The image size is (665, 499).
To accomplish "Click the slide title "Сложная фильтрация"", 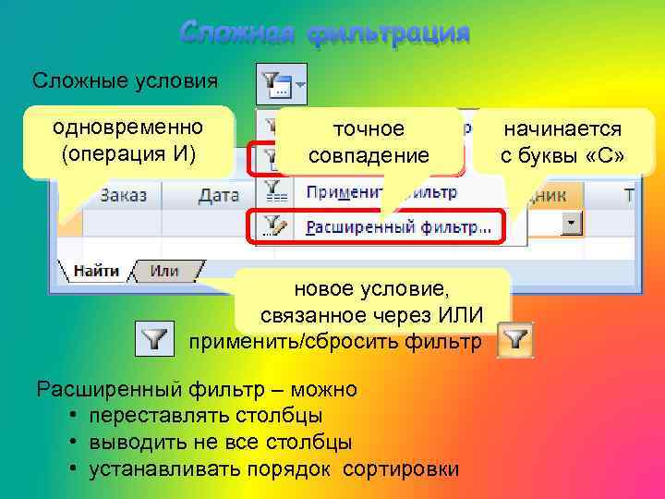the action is click(325, 33).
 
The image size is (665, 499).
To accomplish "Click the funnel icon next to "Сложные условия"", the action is click(280, 84).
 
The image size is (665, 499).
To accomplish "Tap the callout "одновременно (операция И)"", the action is click(128, 141).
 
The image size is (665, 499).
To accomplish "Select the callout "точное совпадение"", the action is click(369, 141).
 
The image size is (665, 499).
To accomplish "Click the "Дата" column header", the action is click(219, 195).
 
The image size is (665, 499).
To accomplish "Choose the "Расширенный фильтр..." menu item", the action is click(397, 225).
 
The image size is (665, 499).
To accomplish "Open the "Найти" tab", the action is click(95, 271).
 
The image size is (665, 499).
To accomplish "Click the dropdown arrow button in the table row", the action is click(573, 224).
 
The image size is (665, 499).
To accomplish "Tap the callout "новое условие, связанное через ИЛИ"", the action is click(369, 302).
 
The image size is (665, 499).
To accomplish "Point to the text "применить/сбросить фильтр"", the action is click(334, 342).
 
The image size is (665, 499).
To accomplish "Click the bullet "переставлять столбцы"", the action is click(206, 416).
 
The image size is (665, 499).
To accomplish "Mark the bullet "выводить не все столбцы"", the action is click(220, 443).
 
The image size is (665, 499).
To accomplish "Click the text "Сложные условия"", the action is click(125, 80).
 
